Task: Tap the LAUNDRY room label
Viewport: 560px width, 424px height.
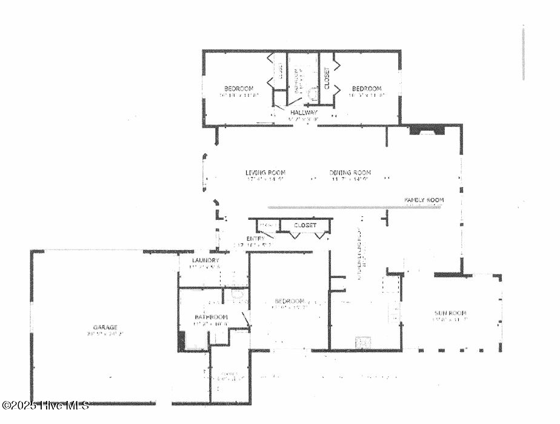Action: tap(204, 260)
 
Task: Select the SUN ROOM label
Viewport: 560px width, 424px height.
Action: tap(450, 313)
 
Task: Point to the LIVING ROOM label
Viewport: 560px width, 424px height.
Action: tap(265, 173)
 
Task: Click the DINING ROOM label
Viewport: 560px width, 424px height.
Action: tap(350, 173)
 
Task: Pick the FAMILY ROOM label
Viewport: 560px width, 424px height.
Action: tap(424, 200)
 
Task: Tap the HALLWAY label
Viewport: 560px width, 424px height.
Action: tap(303, 113)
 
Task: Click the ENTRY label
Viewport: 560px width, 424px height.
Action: tap(255, 239)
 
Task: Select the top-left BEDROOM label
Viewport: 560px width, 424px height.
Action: tap(238, 88)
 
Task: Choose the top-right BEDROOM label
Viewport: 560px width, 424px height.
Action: tap(367, 88)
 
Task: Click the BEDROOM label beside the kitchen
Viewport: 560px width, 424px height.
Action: tap(289, 301)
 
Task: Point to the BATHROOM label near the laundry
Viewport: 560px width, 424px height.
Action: tap(211, 317)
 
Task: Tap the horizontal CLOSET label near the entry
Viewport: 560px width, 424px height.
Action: tap(305, 225)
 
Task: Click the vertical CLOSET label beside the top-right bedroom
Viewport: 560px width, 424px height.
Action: tap(327, 78)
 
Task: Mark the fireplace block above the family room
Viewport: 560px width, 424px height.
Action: tap(427, 130)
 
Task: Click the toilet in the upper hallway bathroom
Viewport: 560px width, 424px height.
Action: tap(313, 93)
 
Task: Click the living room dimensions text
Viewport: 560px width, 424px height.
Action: tap(265, 179)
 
